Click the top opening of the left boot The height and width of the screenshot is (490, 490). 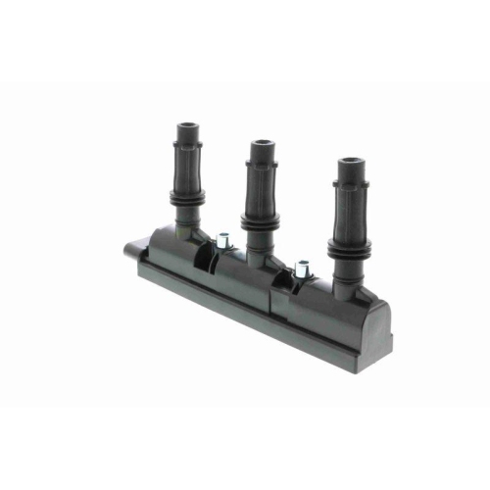(x=188, y=124)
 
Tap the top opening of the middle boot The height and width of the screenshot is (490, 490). (x=262, y=143)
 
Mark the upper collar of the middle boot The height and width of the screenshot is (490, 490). (x=262, y=154)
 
